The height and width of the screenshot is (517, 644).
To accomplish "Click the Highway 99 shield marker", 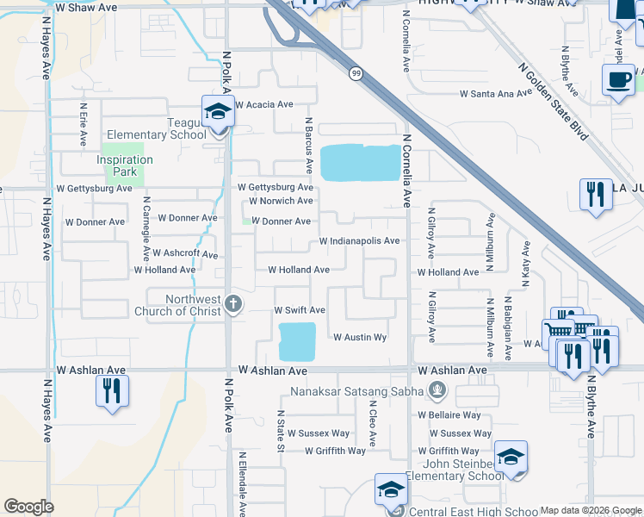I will (355, 74).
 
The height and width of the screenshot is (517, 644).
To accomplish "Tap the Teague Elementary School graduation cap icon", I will (218, 111).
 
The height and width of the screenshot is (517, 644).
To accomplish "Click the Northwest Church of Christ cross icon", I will (232, 303).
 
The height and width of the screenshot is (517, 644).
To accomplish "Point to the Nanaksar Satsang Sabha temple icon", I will (437, 391).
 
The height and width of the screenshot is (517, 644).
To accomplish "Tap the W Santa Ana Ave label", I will (497, 93).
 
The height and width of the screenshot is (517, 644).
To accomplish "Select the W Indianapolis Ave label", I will (359, 241).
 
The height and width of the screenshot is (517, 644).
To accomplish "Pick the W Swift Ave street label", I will (300, 309).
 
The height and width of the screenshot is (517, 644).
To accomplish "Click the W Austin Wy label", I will (360, 337).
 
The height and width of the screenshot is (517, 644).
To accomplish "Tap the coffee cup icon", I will (618, 80).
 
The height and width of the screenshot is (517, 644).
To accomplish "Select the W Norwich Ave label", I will (281, 201).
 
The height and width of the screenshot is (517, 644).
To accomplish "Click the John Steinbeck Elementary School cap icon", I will (511, 458).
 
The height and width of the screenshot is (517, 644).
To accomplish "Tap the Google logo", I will (28, 507).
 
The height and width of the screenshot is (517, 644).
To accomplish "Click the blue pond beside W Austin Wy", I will (296, 342).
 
